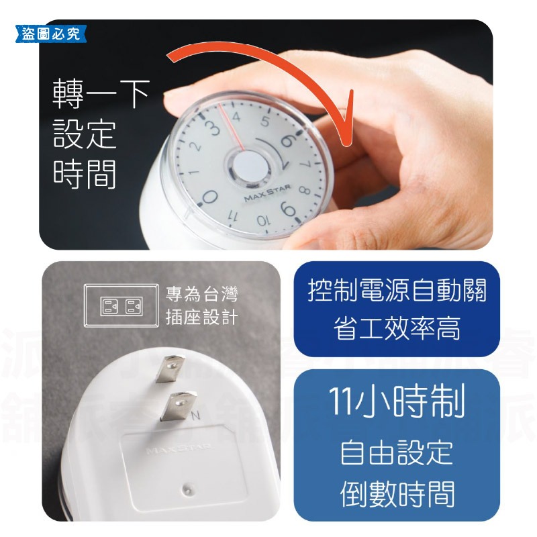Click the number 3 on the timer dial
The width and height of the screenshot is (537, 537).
click(x=214, y=126)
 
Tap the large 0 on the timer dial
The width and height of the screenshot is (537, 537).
click(x=209, y=197)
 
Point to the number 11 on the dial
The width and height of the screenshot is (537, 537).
click(x=233, y=216)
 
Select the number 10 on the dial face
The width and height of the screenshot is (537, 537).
click(x=262, y=220)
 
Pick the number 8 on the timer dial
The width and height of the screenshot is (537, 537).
click(x=303, y=190)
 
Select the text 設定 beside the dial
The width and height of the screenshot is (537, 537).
click(x=85, y=134)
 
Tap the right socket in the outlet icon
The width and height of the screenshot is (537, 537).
click(x=132, y=307)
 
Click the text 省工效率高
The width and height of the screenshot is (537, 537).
click(x=397, y=329)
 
